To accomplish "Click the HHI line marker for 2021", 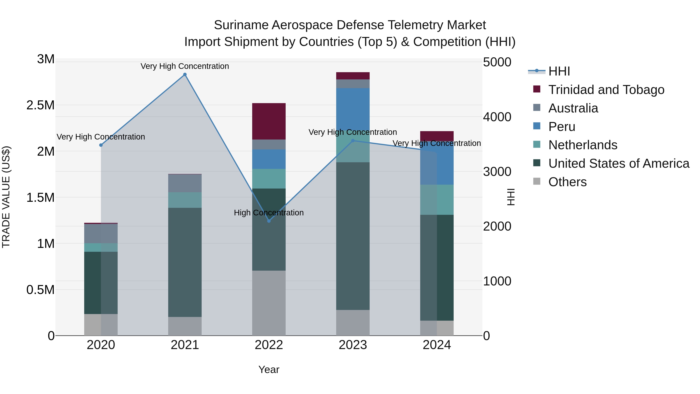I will (185, 75).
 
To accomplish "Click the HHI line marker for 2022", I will (269, 221).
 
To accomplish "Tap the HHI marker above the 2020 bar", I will (101, 145).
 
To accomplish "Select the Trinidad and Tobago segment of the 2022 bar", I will (269, 121).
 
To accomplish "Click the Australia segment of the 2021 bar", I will (185, 183).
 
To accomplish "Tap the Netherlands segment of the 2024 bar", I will (437, 200).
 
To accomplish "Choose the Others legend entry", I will (567, 182).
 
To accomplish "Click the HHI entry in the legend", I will (559, 72).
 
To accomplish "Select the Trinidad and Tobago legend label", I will (606, 90).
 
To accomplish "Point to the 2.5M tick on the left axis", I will (40, 105).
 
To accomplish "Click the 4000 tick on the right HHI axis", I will (497, 117).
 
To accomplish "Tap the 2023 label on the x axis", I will (353, 345).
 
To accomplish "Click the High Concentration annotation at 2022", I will (269, 213).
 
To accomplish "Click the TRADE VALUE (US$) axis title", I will (6, 197).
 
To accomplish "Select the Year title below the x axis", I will (269, 369).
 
